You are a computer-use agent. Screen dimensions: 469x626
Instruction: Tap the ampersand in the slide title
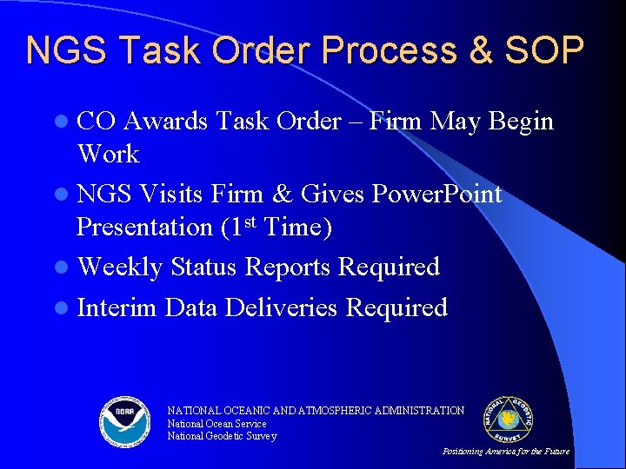coord(479,51)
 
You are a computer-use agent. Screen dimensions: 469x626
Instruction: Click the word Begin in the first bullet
coord(521,121)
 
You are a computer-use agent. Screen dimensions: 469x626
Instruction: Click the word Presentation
coord(144,227)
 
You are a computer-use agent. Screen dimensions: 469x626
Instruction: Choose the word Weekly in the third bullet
coord(120,267)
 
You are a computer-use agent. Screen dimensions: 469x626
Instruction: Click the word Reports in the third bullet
coord(288,267)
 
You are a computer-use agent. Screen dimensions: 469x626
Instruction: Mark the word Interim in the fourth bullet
coord(117,307)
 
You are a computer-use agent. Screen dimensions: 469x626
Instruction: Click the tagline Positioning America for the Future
coord(506,452)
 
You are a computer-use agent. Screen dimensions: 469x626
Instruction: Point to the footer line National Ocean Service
coord(216,424)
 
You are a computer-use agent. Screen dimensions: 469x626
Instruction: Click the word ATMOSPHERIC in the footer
coord(350,411)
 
